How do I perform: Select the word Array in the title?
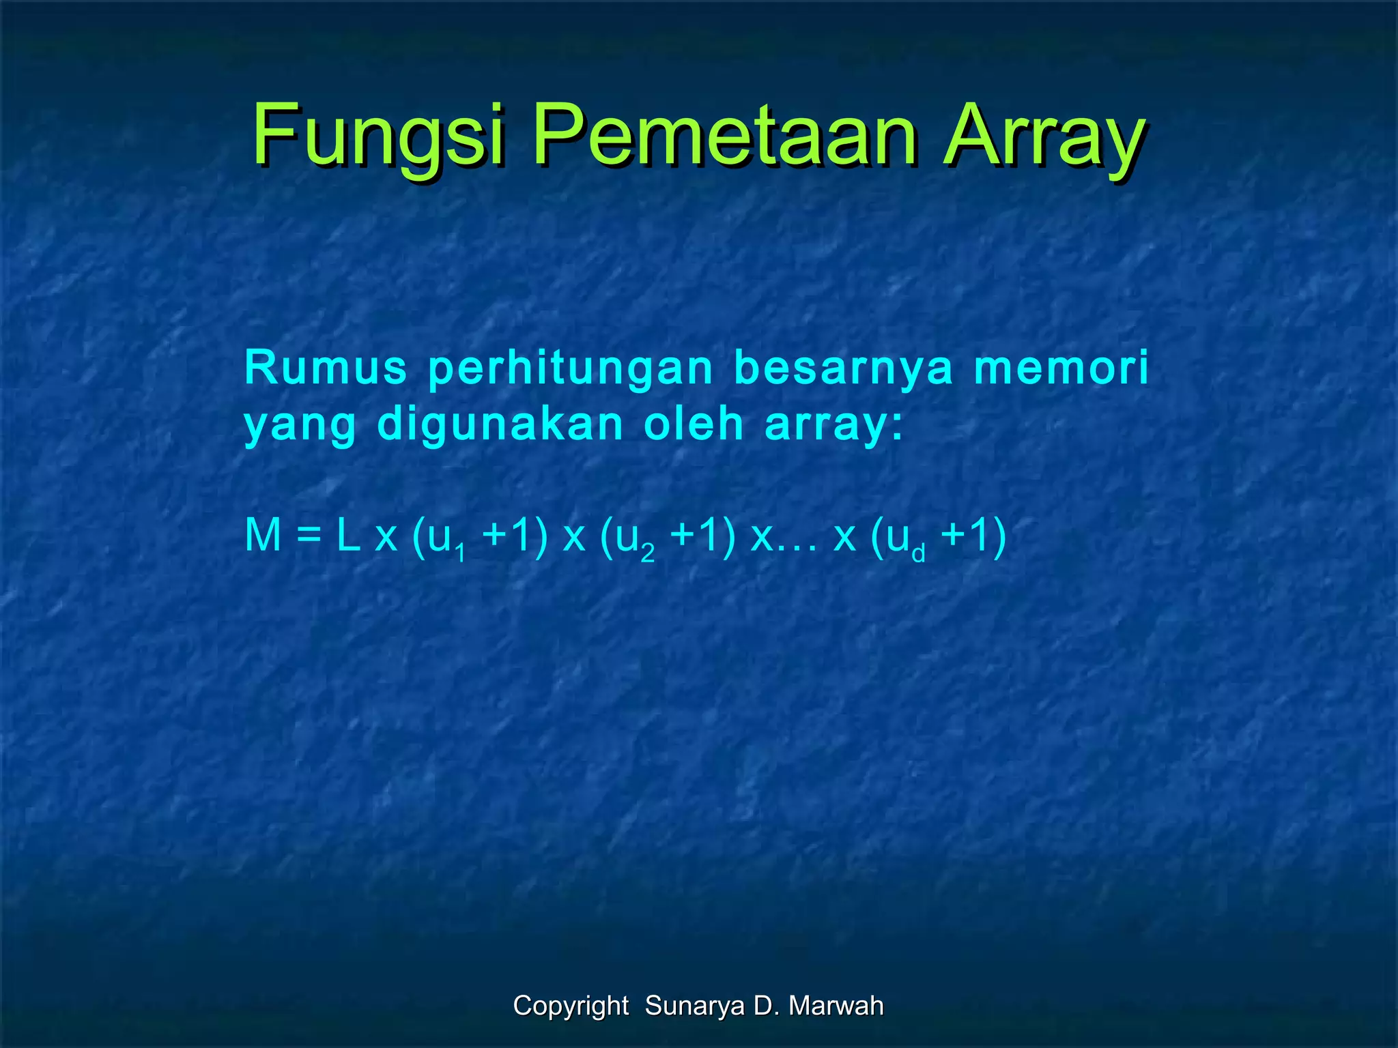1044,136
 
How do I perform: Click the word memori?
1061,368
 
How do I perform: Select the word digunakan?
500,425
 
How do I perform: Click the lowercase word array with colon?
834,424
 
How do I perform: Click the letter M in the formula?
263,535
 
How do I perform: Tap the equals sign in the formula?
309,536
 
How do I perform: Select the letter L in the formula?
348,535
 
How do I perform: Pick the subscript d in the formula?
918,552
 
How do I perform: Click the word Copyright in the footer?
571,1006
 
